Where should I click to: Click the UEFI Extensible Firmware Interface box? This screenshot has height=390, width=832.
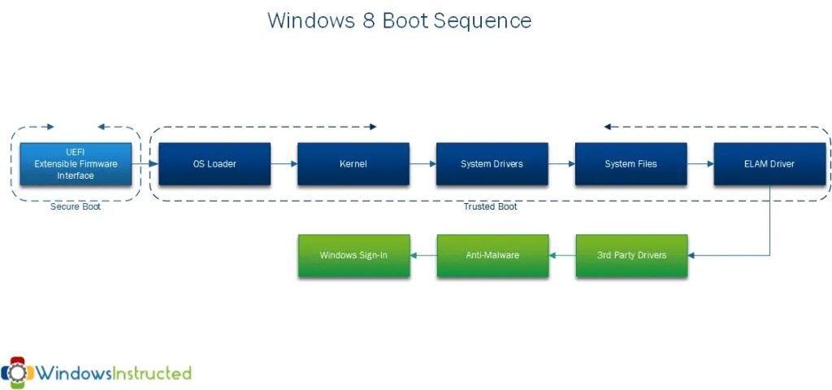pyautogui.click(x=75, y=164)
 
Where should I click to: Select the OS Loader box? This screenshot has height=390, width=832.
pyautogui.click(x=214, y=164)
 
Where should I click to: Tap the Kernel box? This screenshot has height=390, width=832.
pyautogui.click(x=353, y=164)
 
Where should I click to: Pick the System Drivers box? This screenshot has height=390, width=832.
pyautogui.click(x=492, y=164)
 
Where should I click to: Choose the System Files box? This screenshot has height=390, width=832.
pyautogui.click(x=630, y=164)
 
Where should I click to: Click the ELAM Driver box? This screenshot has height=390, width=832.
pyautogui.click(x=769, y=164)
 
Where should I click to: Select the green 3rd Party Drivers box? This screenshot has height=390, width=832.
pyautogui.click(x=631, y=255)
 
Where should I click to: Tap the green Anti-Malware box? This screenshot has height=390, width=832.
pyautogui.click(x=492, y=255)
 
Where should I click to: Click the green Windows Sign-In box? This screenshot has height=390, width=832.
pyautogui.click(x=353, y=255)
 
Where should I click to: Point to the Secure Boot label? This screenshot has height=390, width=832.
pyautogui.click(x=75, y=207)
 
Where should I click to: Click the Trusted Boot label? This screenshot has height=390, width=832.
pyautogui.click(x=490, y=207)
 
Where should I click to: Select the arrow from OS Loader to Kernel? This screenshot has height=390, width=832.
pyautogui.click(x=284, y=164)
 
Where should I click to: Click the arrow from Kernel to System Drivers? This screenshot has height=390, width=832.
pyautogui.click(x=422, y=164)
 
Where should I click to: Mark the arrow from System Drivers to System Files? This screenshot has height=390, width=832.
pyautogui.click(x=561, y=164)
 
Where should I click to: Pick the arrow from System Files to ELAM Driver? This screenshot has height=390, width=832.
pyautogui.click(x=700, y=164)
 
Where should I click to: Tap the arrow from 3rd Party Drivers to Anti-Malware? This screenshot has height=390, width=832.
pyautogui.click(x=562, y=255)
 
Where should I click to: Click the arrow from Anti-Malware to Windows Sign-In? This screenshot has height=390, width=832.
pyautogui.click(x=423, y=255)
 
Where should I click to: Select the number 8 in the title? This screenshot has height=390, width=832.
pyautogui.click(x=368, y=20)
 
